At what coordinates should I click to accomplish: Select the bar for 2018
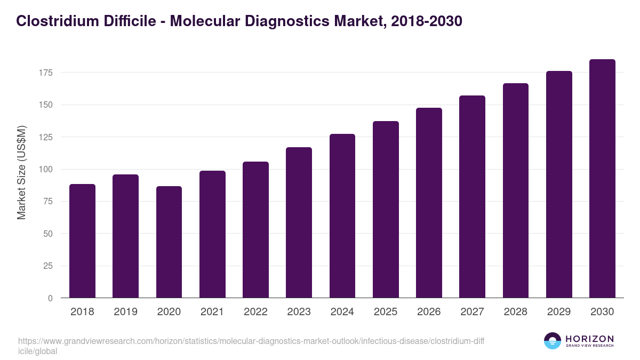pyautogui.click(x=82, y=241)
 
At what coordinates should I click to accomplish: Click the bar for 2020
pyautogui.click(x=169, y=242)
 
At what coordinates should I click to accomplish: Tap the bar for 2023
pyautogui.click(x=299, y=222)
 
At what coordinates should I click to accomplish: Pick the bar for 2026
pyautogui.click(x=429, y=203)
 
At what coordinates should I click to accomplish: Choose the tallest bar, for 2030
pyautogui.click(x=602, y=179)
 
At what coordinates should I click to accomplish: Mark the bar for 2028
pyautogui.click(x=516, y=190)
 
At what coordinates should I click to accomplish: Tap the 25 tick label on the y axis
pyautogui.click(x=49, y=266)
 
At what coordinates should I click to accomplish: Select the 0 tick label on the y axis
pyautogui.click(x=51, y=298)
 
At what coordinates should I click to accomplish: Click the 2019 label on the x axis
pyautogui.click(x=125, y=312)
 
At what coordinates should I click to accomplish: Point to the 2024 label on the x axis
pyautogui.click(x=342, y=312)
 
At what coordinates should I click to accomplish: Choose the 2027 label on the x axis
pyautogui.click(x=472, y=312)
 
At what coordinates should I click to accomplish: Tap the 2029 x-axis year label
pyautogui.click(x=559, y=312)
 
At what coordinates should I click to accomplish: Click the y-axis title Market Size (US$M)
pyautogui.click(x=22, y=173)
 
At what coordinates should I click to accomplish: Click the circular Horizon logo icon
pyautogui.click(x=553, y=341)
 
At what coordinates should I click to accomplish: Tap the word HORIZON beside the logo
pyautogui.click(x=589, y=339)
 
